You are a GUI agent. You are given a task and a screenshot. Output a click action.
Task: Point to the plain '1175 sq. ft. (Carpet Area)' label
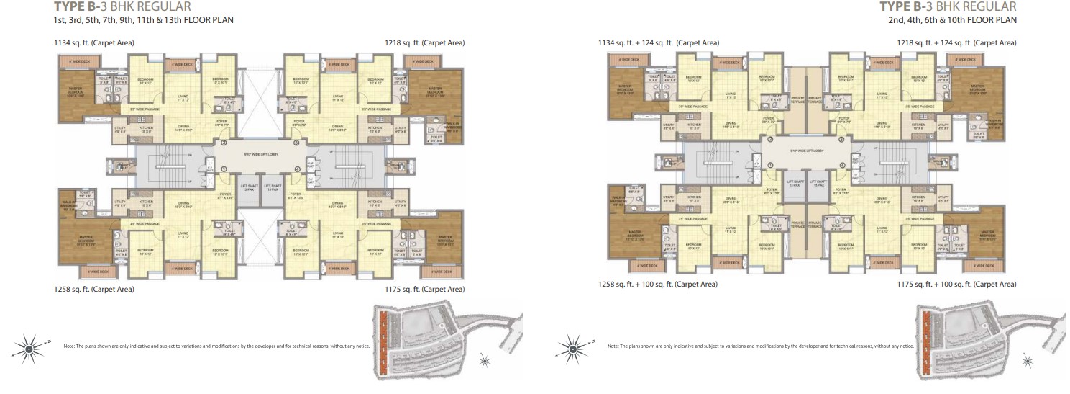coord(425,289)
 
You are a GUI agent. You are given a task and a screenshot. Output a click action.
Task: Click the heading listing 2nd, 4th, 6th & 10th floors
coord(952,20)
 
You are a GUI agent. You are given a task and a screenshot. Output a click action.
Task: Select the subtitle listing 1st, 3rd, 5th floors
coord(144,20)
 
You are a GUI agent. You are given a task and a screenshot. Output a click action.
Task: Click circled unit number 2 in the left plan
coord(224,143)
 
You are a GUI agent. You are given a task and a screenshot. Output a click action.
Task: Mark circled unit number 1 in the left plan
coord(224,170)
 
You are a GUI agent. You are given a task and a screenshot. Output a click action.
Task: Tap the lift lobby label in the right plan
coord(806,151)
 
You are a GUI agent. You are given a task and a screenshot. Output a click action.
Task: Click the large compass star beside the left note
coord(29,349)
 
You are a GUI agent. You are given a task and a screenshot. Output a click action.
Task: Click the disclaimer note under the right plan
coord(751,347)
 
